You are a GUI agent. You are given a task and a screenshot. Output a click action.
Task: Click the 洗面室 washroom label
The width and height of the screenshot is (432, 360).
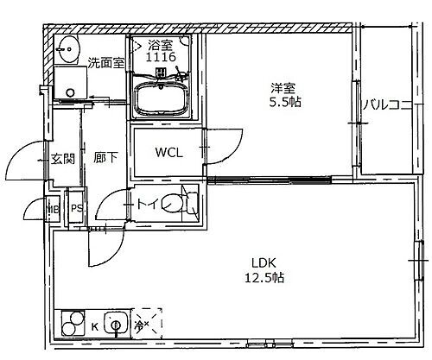106,61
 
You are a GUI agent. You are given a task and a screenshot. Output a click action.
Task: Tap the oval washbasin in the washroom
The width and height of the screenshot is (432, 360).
67,47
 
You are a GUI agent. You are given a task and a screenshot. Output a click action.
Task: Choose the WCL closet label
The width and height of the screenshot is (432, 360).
168,153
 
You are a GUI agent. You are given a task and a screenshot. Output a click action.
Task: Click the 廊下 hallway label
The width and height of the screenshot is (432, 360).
105,159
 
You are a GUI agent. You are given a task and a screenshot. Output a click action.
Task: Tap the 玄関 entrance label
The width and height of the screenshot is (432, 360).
62,159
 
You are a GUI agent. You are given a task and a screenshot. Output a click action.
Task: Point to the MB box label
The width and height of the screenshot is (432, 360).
54,207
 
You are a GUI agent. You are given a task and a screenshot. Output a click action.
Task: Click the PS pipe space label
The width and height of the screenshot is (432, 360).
77,207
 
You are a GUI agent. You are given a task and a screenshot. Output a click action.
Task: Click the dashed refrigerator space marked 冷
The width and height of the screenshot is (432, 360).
143,325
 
